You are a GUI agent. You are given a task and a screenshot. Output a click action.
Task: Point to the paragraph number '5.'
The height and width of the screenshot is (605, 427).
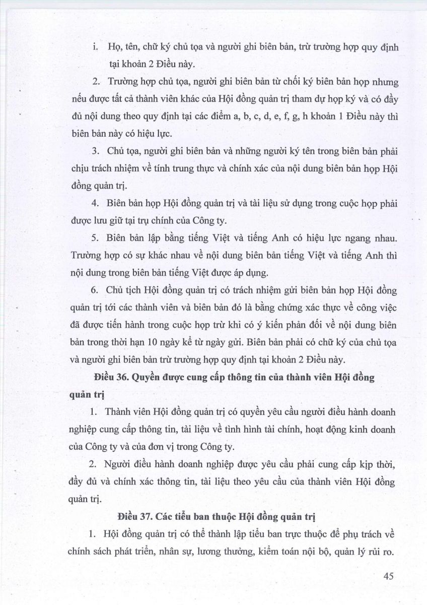pos(96,237)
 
